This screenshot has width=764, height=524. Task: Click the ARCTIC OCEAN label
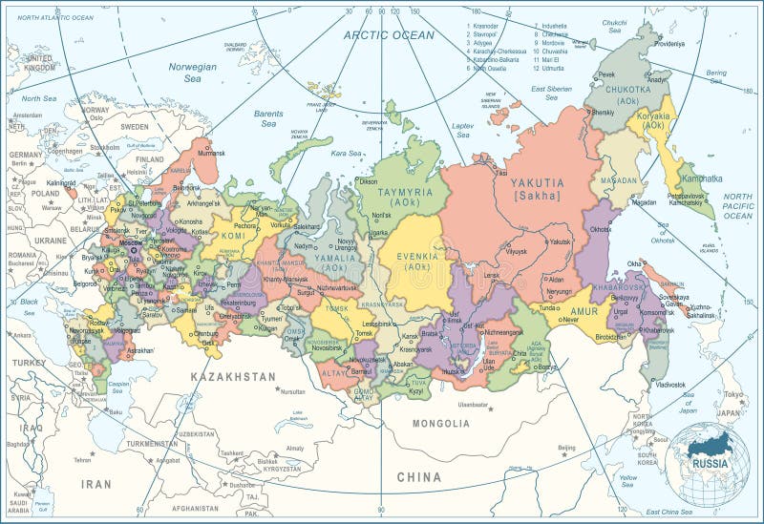click(389, 35)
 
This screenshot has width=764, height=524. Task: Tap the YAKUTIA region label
click(537, 182)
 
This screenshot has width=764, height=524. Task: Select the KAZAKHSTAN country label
click(233, 377)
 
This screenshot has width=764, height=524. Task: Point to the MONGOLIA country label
click(440, 423)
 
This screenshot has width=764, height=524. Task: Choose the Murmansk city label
click(211, 153)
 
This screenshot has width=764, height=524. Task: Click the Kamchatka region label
click(701, 178)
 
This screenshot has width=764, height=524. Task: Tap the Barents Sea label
click(268, 118)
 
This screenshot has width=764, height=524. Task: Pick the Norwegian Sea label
click(194, 73)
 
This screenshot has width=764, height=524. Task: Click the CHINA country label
click(419, 477)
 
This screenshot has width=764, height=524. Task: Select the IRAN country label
click(95, 484)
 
